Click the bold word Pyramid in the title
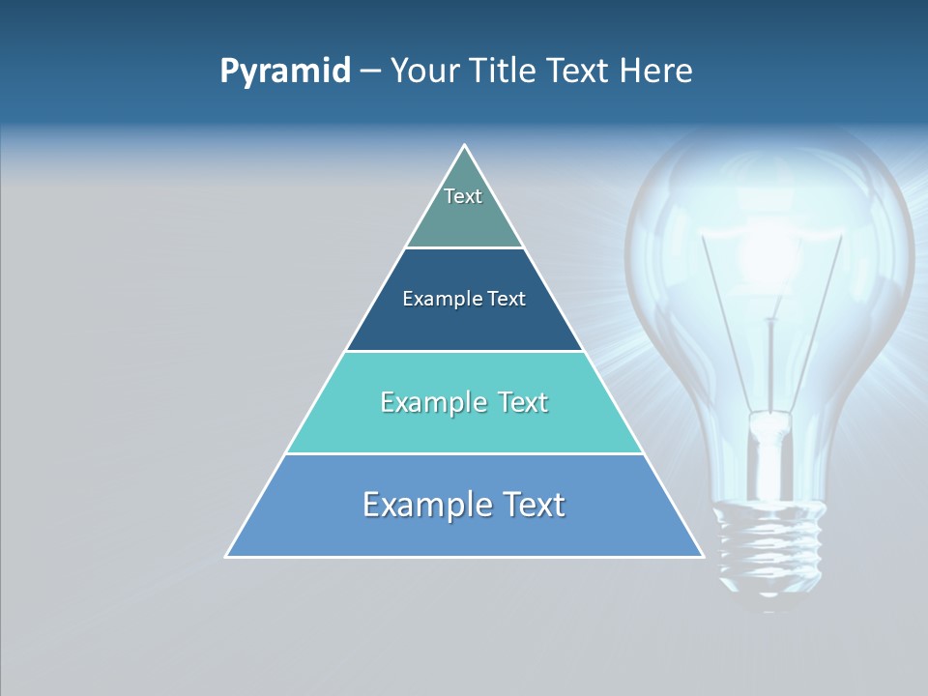point(284,72)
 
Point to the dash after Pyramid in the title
point(369,72)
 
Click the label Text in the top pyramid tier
point(463,196)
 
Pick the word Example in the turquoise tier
point(432,402)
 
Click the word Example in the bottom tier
point(429,505)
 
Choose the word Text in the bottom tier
point(533,505)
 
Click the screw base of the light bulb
point(769,541)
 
